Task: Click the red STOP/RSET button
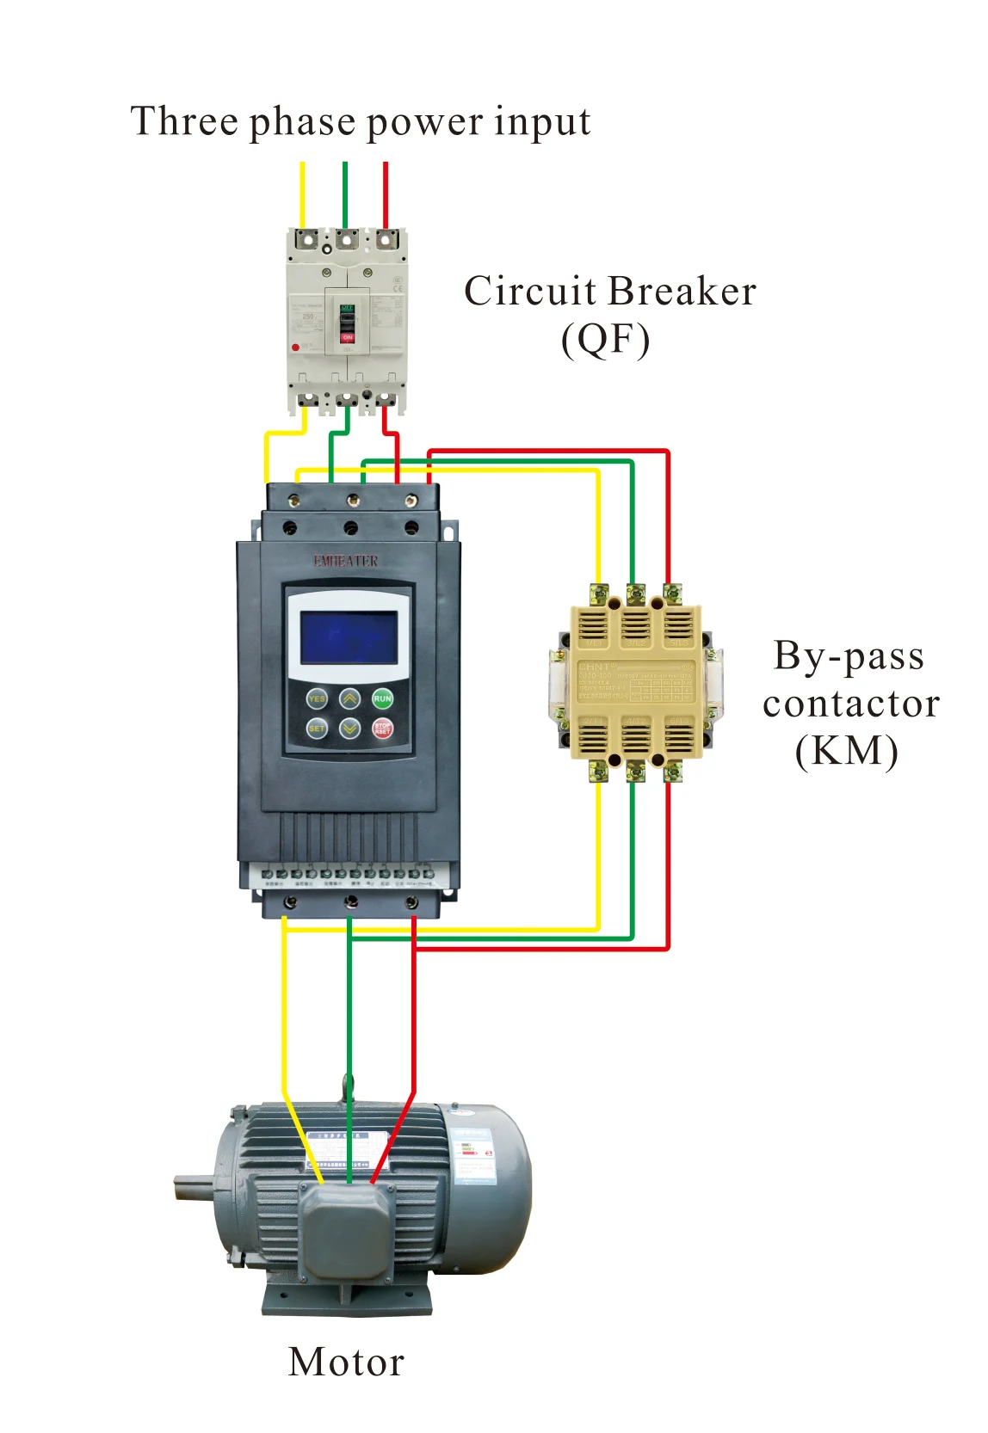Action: [382, 729]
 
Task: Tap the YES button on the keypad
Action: [317, 698]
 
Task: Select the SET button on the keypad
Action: [317, 729]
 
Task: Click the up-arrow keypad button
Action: [349, 698]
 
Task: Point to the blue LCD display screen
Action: [349, 637]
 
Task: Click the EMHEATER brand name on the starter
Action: [345, 561]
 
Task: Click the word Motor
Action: [346, 1362]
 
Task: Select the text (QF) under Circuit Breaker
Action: [605, 340]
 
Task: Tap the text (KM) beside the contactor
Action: [846, 750]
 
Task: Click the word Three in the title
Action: [183, 121]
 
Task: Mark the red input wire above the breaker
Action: [386, 194]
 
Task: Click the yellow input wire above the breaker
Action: [302, 194]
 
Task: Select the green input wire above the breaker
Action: [344, 194]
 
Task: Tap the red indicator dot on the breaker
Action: [295, 347]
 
